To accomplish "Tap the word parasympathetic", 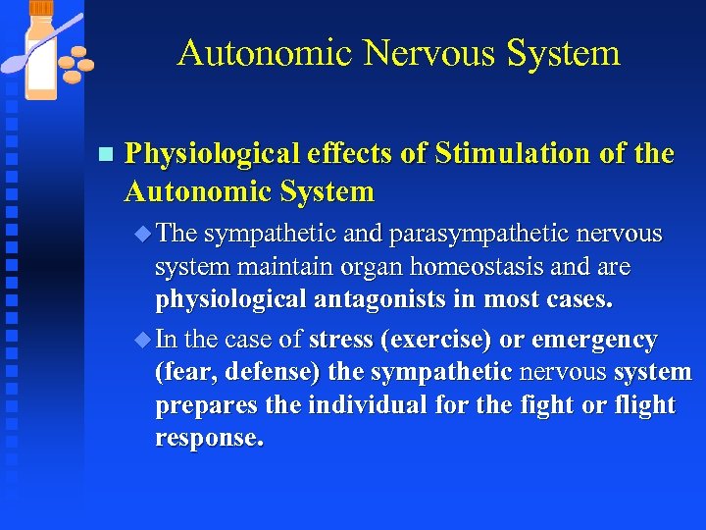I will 470,235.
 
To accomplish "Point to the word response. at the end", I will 209,438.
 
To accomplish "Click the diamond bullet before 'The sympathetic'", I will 143,235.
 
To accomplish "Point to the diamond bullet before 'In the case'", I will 143,340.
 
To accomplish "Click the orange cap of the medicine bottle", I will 41,8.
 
